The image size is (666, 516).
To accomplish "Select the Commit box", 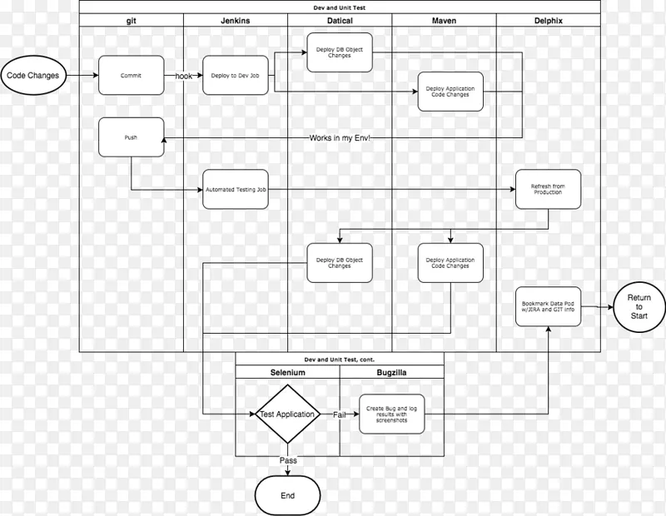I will click(x=130, y=75).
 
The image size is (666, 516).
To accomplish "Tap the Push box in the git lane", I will click(x=130, y=136).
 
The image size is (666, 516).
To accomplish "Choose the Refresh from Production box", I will click(x=548, y=191).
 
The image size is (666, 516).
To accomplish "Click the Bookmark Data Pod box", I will click(x=548, y=309).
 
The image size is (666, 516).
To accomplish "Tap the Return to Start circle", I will click(x=639, y=306).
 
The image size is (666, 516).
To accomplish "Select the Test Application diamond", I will click(x=287, y=414).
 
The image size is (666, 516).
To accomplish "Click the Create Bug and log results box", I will click(x=391, y=414).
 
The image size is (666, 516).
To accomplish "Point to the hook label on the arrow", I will click(x=183, y=75).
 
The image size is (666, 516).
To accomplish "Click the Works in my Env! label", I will click(x=340, y=136).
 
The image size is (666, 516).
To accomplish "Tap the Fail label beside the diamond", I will click(x=339, y=414).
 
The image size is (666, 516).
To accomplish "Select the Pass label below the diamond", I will click(x=287, y=459).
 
